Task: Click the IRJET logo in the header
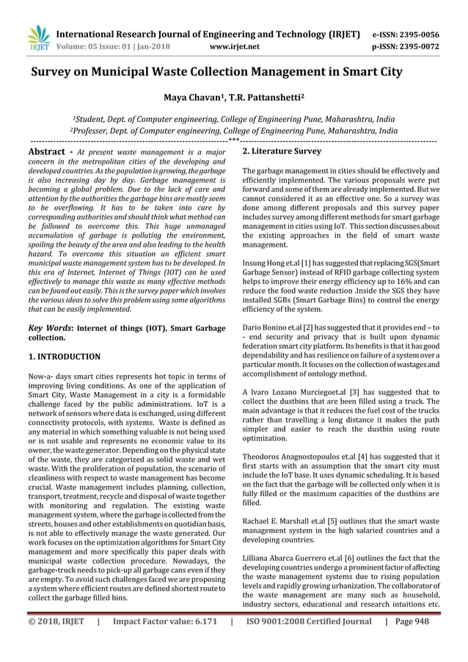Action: click(37, 40)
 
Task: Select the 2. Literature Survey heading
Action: click(282, 151)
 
